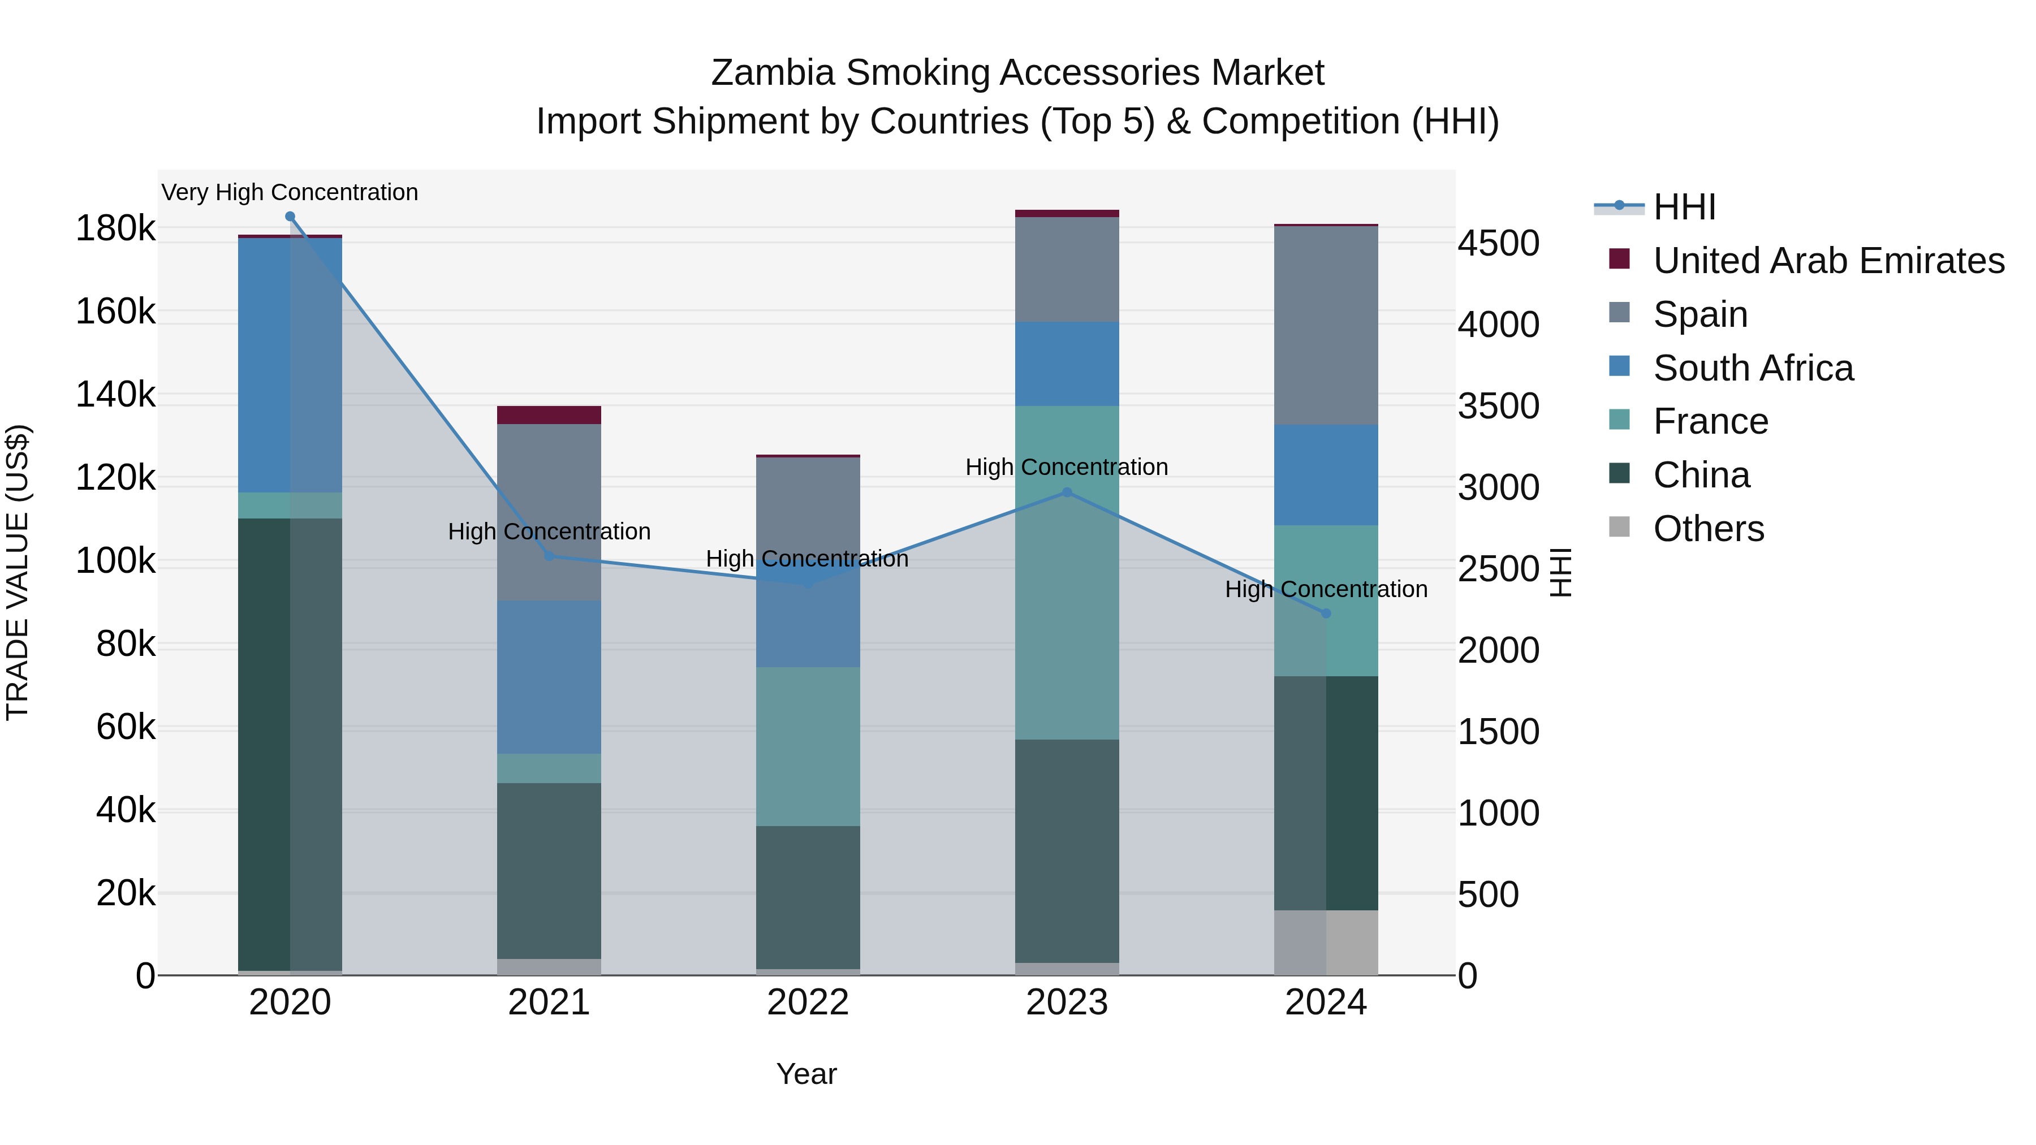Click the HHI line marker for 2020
pyautogui.click(x=290, y=217)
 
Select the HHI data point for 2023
pyautogui.click(x=1067, y=492)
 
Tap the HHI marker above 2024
pyautogui.click(x=1326, y=613)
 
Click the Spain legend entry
pyautogui.click(x=1699, y=314)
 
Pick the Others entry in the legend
pyautogui.click(x=1707, y=529)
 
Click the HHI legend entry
pyautogui.click(x=1684, y=207)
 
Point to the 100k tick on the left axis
pyautogui.click(x=115, y=562)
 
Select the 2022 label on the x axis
pyautogui.click(x=808, y=1003)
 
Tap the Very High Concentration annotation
pyautogui.click(x=290, y=193)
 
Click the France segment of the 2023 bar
pyautogui.click(x=1067, y=573)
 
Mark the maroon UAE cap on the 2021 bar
pyautogui.click(x=549, y=415)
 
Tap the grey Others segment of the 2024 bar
pyautogui.click(x=1326, y=942)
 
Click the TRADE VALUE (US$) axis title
pyautogui.click(x=18, y=572)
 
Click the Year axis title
pyautogui.click(x=806, y=1074)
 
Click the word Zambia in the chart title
pyautogui.click(x=771, y=73)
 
